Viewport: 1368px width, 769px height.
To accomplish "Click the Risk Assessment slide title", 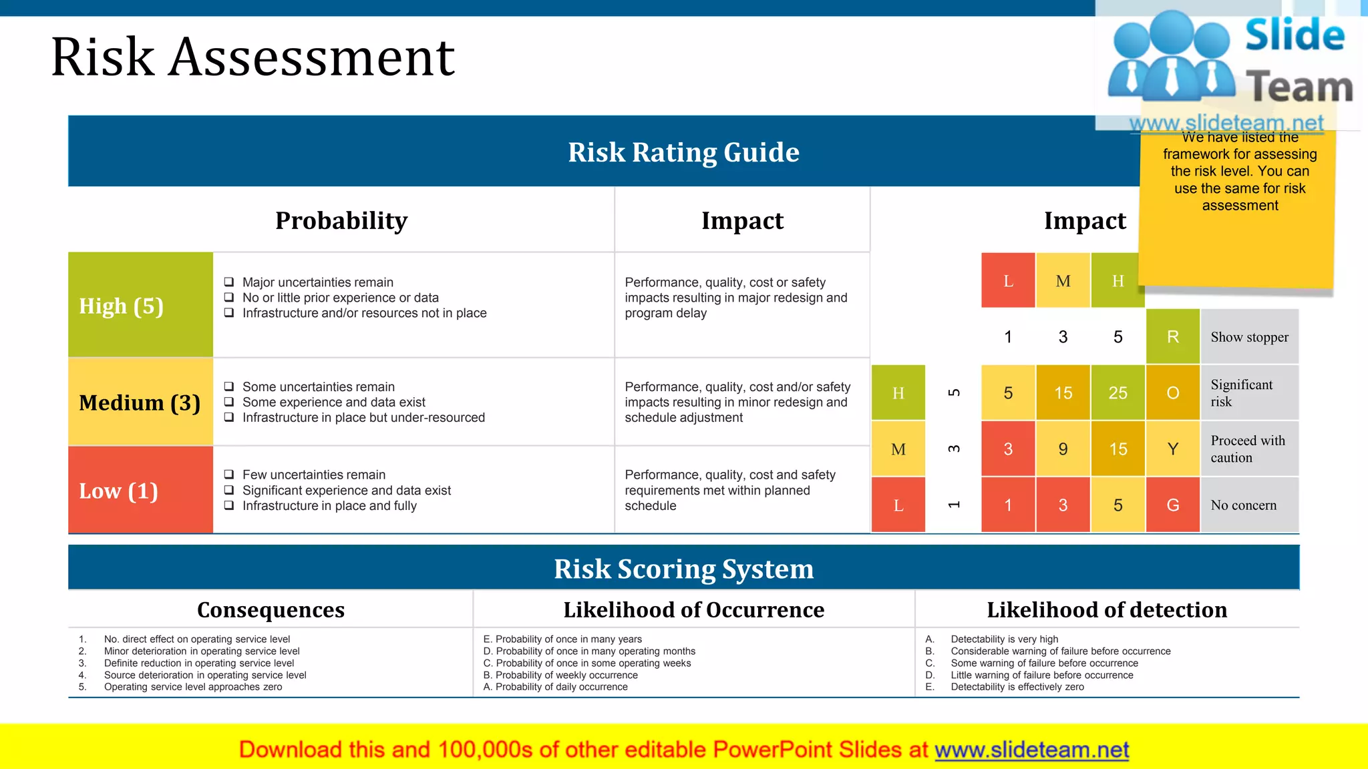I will click(252, 57).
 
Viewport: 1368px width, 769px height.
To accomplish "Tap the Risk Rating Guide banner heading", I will click(683, 152).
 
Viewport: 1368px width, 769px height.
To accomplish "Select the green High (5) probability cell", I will click(140, 305).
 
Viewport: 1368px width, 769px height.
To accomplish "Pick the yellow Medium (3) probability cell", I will click(140, 403).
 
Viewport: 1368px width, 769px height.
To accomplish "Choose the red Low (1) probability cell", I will click(140, 491).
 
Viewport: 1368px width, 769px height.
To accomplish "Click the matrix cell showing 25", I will click(1118, 393).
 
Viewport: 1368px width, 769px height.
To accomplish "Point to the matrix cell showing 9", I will click(1063, 449).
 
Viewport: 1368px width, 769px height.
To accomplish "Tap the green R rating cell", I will click(1172, 337).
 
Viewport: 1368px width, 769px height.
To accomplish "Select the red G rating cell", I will click(1172, 505).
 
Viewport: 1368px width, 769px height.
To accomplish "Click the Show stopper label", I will click(1249, 337).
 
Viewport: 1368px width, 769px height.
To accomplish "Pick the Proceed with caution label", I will click(1247, 449).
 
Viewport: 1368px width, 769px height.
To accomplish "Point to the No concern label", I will click(1243, 505).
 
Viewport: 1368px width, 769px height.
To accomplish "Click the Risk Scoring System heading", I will click(683, 569).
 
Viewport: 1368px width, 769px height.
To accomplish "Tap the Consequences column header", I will click(271, 609).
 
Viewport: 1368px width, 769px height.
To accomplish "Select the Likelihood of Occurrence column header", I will click(693, 609).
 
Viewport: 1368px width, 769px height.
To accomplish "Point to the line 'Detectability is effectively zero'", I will click(1017, 687).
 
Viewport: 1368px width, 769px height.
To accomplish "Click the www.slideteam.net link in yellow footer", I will click(1031, 750).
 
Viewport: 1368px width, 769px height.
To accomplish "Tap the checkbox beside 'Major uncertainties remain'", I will click(229, 282).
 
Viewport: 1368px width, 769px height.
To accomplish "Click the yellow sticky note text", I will click(1240, 172).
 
